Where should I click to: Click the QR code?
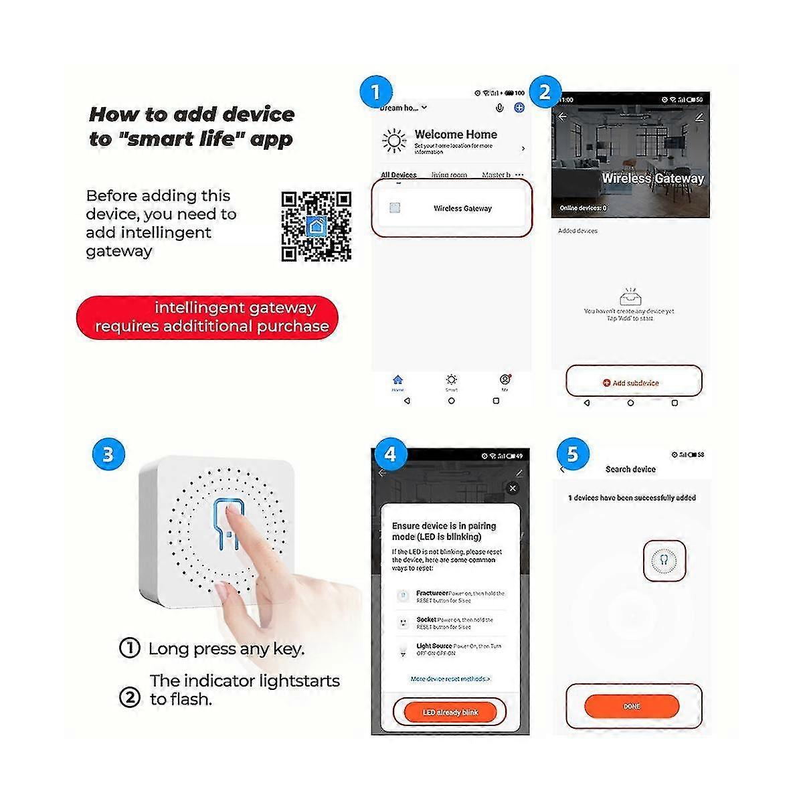(316, 226)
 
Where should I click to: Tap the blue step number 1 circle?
(375, 92)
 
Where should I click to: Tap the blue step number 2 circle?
(545, 92)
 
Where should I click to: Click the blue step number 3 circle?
(108, 455)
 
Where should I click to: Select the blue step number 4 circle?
(390, 455)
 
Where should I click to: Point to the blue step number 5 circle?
(572, 455)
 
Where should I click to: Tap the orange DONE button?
(632, 706)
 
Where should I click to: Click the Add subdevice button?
(632, 383)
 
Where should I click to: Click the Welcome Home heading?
(456, 135)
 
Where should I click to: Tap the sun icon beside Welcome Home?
(394, 141)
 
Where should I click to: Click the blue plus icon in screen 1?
(519, 108)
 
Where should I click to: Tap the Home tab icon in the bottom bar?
(397, 381)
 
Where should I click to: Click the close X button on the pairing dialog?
(513, 488)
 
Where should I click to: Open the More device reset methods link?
(450, 679)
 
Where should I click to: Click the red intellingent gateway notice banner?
(207, 317)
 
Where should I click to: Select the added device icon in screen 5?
(664, 560)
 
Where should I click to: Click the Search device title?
(630, 469)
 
